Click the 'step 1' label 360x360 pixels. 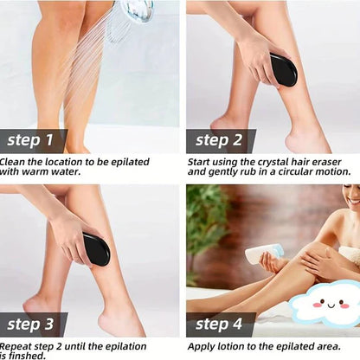click(x=30, y=140)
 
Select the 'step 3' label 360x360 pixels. click(x=30, y=325)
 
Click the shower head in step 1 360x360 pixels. click(x=136, y=10)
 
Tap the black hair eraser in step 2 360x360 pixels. click(x=282, y=69)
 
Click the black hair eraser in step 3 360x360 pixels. click(x=95, y=249)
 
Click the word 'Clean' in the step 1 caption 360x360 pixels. click(x=12, y=162)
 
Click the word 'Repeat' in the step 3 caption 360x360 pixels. click(x=16, y=345)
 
